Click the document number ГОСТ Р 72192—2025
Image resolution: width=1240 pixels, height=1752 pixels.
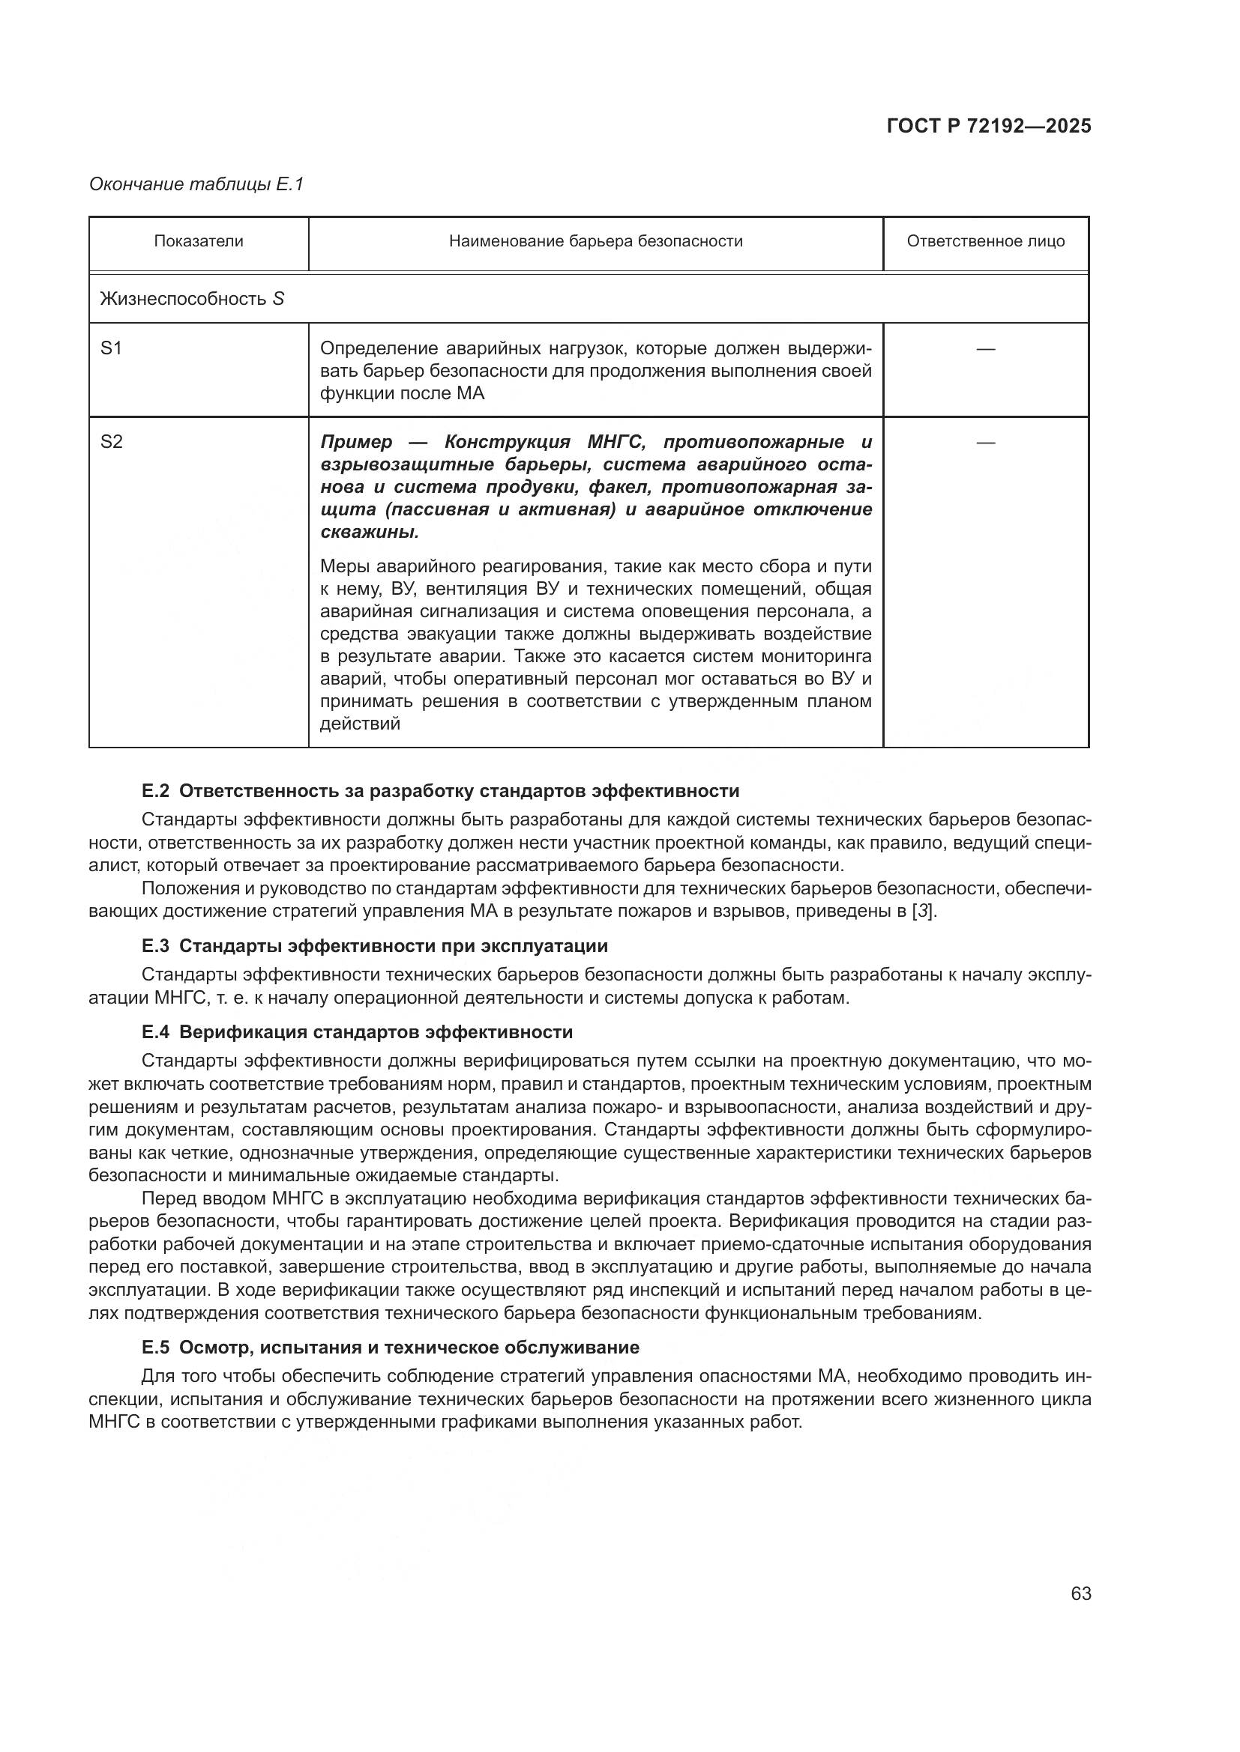(989, 127)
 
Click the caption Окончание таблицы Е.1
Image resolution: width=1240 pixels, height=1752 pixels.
(196, 184)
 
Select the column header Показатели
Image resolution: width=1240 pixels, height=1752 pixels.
(199, 242)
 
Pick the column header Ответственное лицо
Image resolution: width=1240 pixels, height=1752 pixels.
(985, 242)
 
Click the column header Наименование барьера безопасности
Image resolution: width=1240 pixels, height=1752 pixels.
(595, 242)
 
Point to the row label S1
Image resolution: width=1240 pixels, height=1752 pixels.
(112, 349)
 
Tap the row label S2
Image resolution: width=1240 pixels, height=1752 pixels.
(112, 443)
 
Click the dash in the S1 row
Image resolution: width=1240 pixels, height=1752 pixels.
(985, 350)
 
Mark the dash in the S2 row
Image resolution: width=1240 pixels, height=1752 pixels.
(985, 443)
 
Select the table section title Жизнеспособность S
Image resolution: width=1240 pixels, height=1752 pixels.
(192, 299)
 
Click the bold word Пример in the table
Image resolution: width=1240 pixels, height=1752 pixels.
(356, 443)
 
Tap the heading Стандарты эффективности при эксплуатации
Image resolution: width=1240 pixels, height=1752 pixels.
(394, 946)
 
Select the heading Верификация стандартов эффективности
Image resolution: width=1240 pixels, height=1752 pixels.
(376, 1032)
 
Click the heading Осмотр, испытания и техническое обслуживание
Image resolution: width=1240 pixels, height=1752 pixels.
(409, 1348)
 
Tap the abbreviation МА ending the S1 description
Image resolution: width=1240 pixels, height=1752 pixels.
(470, 395)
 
